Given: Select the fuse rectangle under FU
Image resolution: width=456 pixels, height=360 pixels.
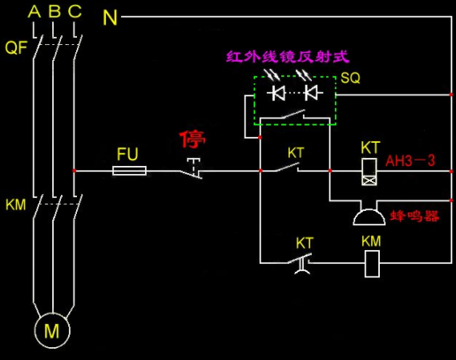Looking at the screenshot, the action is click(129, 171).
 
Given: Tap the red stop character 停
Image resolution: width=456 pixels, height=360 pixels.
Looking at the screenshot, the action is click(192, 140).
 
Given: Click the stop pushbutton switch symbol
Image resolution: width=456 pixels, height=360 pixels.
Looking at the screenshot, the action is click(192, 168).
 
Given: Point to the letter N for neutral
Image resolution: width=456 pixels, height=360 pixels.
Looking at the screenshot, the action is click(110, 18).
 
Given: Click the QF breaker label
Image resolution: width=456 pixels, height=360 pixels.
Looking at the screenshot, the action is click(16, 47).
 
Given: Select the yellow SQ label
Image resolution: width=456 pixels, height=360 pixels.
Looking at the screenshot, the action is click(350, 78).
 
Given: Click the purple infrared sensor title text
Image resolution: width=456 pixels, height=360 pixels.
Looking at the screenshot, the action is click(288, 57).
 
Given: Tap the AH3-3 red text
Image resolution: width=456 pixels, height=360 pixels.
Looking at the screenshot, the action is click(410, 160).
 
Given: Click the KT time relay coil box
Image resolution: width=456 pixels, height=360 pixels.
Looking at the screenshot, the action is click(369, 172).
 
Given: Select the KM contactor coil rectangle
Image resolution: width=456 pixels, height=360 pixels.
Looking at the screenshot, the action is click(372, 264).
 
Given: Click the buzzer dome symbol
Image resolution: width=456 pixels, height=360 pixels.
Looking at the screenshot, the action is click(369, 216).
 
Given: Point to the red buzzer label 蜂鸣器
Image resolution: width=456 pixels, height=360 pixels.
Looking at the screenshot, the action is click(414, 216).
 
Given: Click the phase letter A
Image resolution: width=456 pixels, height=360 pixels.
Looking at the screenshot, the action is click(34, 12).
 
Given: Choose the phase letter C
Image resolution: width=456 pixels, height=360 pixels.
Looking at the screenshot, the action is click(75, 12).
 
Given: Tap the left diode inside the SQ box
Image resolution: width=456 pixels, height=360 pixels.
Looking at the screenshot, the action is click(276, 93).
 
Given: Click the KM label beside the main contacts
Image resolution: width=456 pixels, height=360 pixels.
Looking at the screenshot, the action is click(16, 205).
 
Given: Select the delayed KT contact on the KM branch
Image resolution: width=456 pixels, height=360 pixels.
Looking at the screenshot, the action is click(301, 263).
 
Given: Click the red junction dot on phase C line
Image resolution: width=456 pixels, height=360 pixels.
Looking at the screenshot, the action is click(75, 171).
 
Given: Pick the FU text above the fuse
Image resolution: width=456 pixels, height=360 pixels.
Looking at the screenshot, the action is click(127, 154).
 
